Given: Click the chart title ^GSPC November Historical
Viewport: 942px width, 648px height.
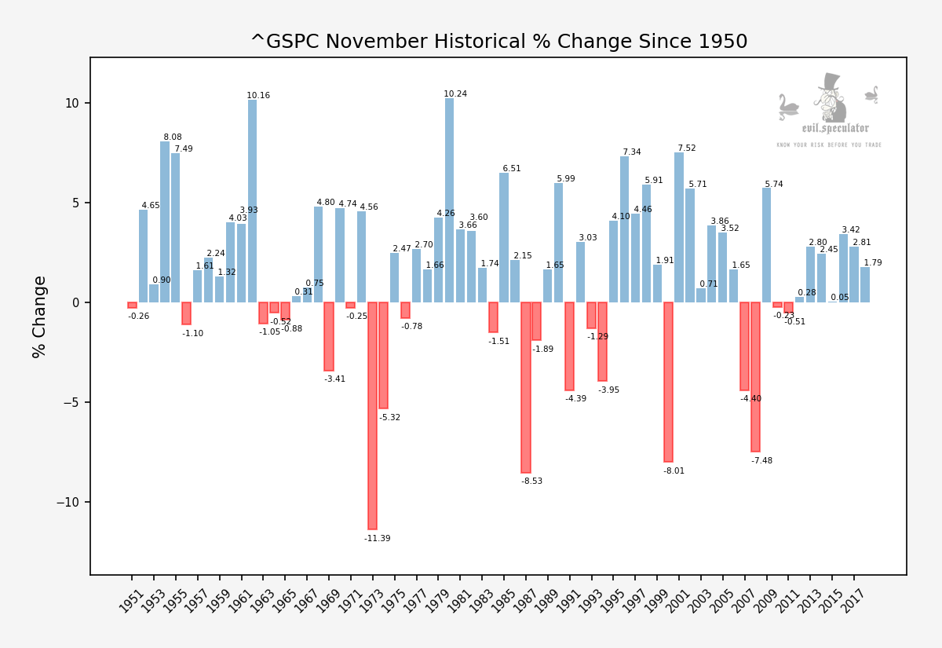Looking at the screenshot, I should pos(498,42).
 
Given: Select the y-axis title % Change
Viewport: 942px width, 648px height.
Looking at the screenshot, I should pos(40,317).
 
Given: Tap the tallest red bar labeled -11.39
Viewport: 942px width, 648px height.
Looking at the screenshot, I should pos(372,416).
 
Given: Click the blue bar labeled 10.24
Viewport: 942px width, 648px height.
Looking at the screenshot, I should pos(449,200).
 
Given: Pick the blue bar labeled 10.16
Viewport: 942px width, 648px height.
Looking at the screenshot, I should pos(252,201).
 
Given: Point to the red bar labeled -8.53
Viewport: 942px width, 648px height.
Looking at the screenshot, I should pos(526,387).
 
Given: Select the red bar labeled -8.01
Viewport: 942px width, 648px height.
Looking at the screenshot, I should pos(668,382).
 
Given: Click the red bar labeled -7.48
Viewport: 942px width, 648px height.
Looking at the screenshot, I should pos(755,377).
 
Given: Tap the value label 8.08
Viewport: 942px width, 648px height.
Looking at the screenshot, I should pos(173,137).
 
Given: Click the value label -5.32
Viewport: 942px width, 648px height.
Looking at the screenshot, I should pos(390,418).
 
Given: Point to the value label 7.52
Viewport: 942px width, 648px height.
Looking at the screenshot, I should pos(687,148).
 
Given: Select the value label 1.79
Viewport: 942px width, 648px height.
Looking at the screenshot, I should pos(873,263).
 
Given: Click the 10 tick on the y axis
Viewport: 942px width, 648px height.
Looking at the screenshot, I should pos(72,104).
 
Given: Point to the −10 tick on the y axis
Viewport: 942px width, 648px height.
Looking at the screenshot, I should pos(68,503).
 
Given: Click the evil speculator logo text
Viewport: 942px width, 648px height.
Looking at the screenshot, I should pos(835,128).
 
